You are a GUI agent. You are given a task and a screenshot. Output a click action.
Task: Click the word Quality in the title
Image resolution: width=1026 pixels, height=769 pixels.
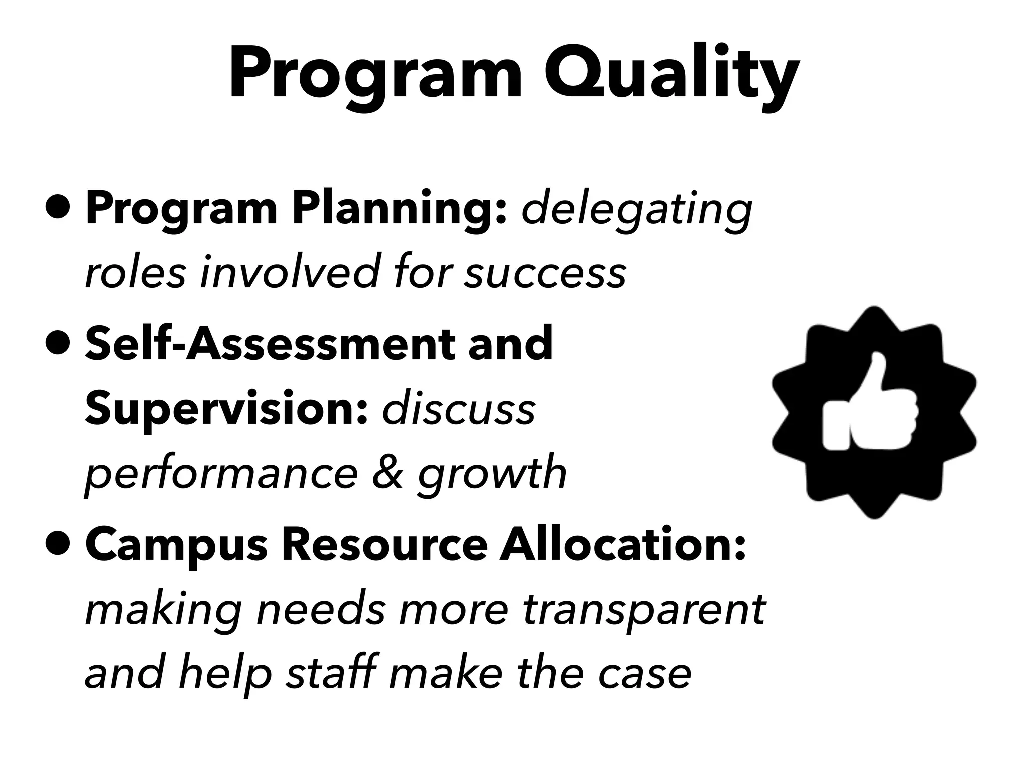[x=671, y=75]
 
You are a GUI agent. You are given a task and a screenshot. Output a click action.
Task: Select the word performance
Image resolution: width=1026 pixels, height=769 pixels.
[x=221, y=474]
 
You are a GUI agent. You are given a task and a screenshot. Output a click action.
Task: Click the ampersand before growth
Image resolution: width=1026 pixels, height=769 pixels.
[x=387, y=473]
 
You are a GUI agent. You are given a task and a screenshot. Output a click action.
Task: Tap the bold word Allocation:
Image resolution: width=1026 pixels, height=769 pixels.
[x=623, y=545]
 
